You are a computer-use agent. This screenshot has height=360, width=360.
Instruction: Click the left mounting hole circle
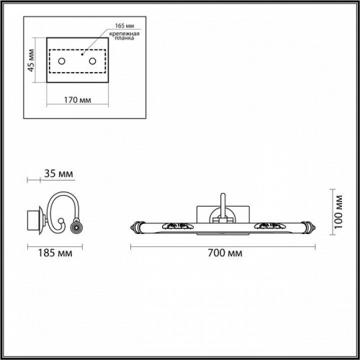click(x=62, y=63)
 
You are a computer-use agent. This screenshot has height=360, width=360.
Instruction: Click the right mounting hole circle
click(x=92, y=63)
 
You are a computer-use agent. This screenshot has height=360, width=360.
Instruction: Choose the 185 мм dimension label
click(x=47, y=253)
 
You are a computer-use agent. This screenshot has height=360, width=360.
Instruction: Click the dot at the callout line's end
click(x=82, y=53)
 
